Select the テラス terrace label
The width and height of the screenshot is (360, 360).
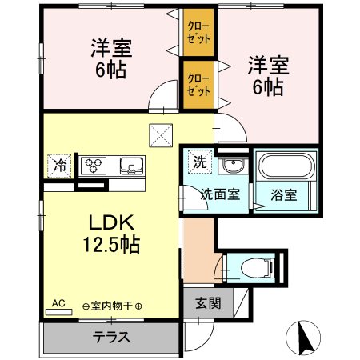click(x=110, y=335)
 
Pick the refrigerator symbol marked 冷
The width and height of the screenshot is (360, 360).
click(x=60, y=165)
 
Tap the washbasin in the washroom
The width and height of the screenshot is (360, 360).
click(x=232, y=166)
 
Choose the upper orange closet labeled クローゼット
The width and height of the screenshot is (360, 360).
click(x=198, y=32)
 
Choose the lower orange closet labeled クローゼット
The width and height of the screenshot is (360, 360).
click(x=198, y=84)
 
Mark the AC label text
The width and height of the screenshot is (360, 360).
click(x=58, y=303)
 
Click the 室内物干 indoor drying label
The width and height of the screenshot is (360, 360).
click(x=111, y=306)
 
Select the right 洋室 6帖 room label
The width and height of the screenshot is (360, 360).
click(x=265, y=74)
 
